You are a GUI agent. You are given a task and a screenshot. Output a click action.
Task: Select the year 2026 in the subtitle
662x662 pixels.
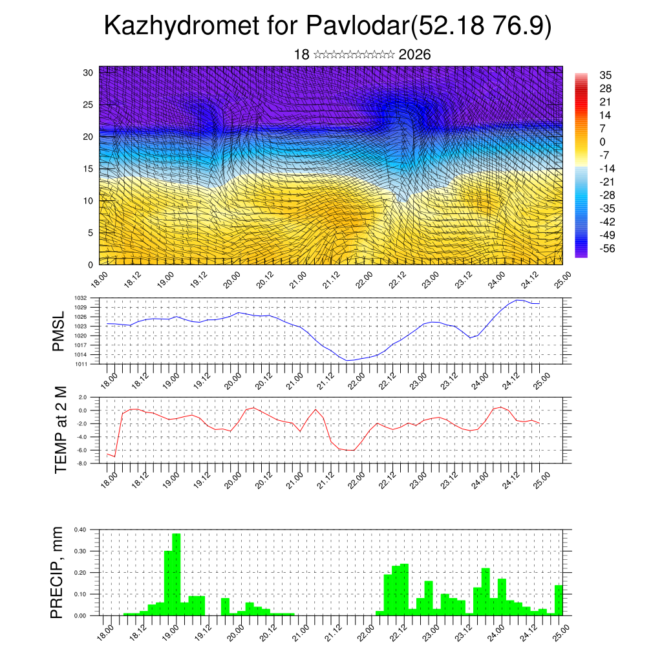(x=414, y=55)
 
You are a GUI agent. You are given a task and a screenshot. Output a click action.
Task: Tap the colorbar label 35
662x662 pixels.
(x=606, y=75)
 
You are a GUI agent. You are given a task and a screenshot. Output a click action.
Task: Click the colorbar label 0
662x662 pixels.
(x=603, y=142)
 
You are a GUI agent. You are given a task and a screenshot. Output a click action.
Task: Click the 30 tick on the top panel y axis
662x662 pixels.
(x=88, y=72)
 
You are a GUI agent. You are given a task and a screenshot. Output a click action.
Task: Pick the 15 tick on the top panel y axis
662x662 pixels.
(x=88, y=169)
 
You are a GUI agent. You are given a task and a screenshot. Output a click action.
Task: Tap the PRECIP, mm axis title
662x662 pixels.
(x=59, y=572)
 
